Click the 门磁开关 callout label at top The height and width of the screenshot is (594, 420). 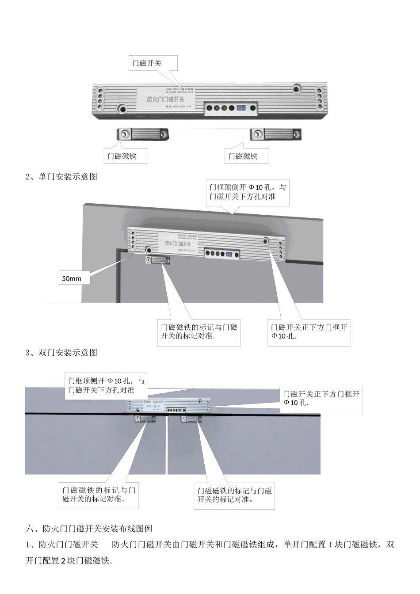coord(153,63)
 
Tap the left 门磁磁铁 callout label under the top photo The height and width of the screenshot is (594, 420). coord(126,156)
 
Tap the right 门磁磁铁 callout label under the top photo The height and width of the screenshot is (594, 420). coord(246,156)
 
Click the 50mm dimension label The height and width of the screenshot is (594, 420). coord(74,278)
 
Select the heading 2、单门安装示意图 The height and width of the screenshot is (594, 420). coord(61,177)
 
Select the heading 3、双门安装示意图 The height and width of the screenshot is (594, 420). coord(61,353)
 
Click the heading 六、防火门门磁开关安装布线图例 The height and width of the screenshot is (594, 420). coord(89,529)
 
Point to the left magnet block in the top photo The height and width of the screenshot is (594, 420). coord(143,134)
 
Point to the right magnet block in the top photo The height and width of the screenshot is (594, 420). coord(276,134)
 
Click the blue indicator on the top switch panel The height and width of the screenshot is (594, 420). coord(241,108)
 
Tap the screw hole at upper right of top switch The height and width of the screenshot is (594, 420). coord(296,89)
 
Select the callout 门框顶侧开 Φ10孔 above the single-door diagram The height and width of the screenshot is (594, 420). coord(248,192)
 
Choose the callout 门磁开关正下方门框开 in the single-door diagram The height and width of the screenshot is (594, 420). coord(309,332)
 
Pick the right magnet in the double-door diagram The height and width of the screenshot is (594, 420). coord(191,419)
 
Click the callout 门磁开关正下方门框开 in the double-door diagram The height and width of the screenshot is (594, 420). coord(321,398)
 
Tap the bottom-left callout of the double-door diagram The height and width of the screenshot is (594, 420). coord(99,495)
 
